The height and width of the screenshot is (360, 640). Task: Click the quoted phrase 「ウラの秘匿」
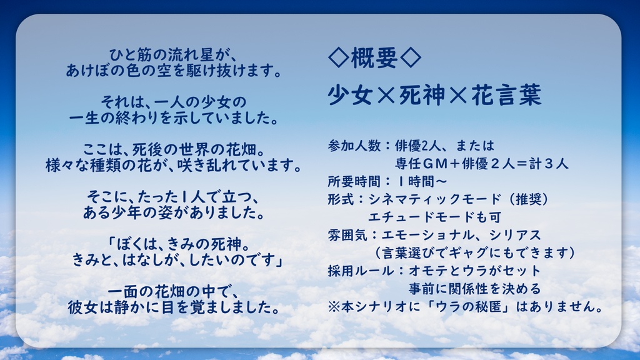point(451,307)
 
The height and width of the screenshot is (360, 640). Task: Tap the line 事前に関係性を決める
point(474,289)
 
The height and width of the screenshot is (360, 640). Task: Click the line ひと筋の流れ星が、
point(174,54)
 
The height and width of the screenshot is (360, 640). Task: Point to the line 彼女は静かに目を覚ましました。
point(174,307)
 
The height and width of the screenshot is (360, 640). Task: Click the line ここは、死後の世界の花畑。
point(174,149)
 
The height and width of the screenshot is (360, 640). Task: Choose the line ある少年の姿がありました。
point(174,212)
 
